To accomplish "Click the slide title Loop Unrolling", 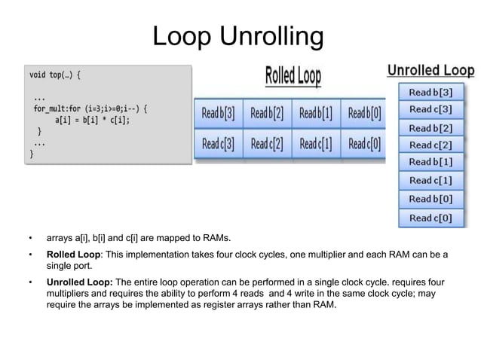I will pyautogui.click(x=238, y=35).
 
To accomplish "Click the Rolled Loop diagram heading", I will pyautogui.click(x=293, y=76).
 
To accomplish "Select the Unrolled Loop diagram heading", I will pyautogui.click(x=430, y=70).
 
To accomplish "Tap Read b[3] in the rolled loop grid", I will pyautogui.click(x=219, y=114).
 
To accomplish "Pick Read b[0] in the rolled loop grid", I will pyautogui.click(x=364, y=114).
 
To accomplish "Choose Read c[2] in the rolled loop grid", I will pyautogui.click(x=267, y=143).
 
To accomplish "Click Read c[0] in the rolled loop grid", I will pyautogui.click(x=364, y=143).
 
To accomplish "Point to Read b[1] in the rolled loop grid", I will pyautogui.click(x=316, y=114).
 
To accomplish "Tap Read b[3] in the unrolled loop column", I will pyautogui.click(x=430, y=93).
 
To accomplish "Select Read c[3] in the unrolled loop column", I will pyautogui.click(x=430, y=109).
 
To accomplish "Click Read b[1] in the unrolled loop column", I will pyautogui.click(x=430, y=162).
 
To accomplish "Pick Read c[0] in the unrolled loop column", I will pyautogui.click(x=430, y=218).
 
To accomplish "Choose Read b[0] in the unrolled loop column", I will pyautogui.click(x=430, y=199).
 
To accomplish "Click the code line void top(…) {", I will pyautogui.click(x=54, y=75).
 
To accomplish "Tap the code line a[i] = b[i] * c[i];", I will pyautogui.click(x=92, y=119).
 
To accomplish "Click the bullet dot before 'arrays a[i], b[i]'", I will pyautogui.click(x=30, y=239).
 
